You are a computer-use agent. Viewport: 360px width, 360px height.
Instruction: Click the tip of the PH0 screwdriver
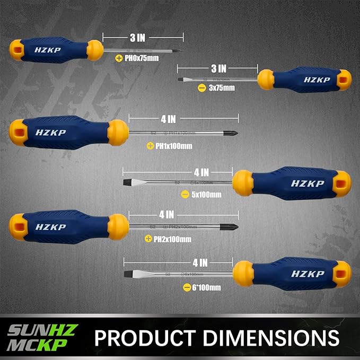[179, 51]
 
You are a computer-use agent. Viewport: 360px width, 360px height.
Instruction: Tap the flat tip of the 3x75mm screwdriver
[180, 80]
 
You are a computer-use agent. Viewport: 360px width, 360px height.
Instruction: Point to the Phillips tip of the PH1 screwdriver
[233, 133]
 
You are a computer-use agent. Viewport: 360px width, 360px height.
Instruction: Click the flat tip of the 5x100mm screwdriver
[127, 183]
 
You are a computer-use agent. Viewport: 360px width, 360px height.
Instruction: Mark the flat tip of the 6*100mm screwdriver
[128, 274]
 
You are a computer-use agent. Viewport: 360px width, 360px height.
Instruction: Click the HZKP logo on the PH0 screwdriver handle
[49, 49]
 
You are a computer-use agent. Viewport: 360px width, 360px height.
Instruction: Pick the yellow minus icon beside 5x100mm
[185, 195]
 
